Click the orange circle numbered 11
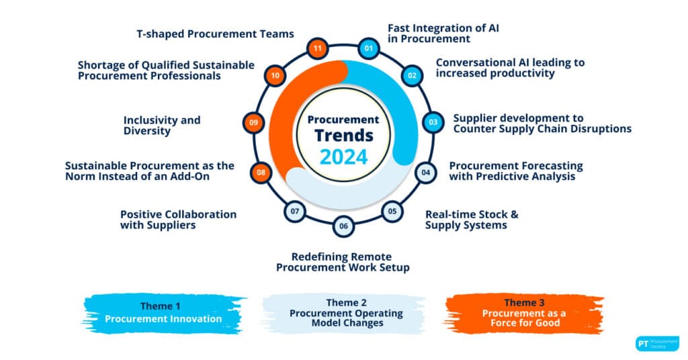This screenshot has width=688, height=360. coord(318,48)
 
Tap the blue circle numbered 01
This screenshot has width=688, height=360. coord(369,48)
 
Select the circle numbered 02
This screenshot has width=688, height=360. coord(412,75)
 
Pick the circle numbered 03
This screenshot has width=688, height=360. coord(433,122)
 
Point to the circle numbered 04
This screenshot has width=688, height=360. coord(425,173)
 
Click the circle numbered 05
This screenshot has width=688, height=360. coord(392,212)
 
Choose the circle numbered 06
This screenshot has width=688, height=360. coord(343,226)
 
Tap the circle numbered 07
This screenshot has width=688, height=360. coord(295,212)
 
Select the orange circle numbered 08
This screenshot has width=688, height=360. coord(261,173)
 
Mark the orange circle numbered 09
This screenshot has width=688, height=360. coord(253,122)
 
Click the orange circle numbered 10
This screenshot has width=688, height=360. coord(275,75)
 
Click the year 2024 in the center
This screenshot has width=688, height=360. coord(343,157)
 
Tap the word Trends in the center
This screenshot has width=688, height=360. coord(343,136)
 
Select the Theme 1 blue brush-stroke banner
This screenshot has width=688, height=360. coord(163,313)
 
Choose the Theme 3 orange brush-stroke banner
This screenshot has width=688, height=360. coord(524,313)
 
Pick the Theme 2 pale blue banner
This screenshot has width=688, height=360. coord(345,313)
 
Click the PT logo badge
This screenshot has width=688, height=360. coord(657,344)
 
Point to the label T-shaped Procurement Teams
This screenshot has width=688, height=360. coord(215,34)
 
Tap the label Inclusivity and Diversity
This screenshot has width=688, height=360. coord(162,126)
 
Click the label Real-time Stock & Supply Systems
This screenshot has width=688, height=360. coord(472,220)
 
